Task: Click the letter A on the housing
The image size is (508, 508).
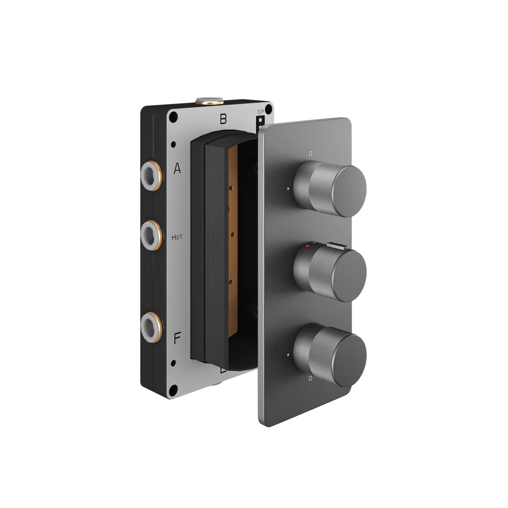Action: [x=177, y=169]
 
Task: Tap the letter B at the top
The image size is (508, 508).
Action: [x=223, y=120]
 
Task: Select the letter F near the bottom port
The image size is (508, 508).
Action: [x=177, y=338]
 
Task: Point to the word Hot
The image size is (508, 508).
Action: [x=177, y=237]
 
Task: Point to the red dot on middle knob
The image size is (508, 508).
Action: [x=307, y=245]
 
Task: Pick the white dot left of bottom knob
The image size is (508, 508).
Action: [x=288, y=354]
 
